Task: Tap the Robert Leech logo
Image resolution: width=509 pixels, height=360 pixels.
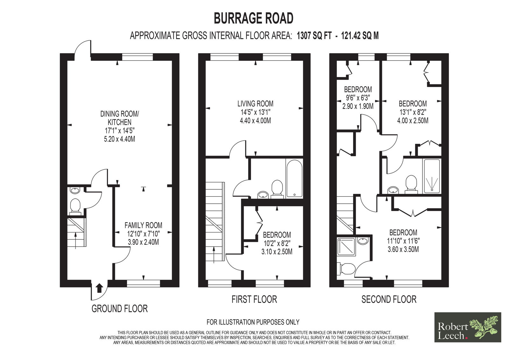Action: click(x=468, y=327)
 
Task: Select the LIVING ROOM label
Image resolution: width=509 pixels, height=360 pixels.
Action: click(x=255, y=104)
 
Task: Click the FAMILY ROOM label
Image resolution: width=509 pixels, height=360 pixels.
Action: click(x=143, y=225)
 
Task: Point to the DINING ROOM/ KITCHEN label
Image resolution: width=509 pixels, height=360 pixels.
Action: click(x=120, y=118)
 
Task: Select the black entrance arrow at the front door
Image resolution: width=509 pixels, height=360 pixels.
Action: click(x=99, y=289)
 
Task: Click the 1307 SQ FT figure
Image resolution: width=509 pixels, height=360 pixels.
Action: click(x=314, y=36)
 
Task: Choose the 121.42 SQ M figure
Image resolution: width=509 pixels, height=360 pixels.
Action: click(x=360, y=36)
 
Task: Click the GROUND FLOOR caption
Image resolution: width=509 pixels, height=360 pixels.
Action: click(x=120, y=309)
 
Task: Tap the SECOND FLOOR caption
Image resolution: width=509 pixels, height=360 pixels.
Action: click(x=389, y=299)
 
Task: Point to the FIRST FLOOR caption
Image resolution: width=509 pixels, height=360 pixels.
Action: click(x=254, y=299)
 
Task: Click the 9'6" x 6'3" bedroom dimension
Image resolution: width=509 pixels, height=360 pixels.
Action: click(x=358, y=98)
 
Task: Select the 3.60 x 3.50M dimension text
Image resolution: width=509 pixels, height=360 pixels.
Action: click(x=403, y=249)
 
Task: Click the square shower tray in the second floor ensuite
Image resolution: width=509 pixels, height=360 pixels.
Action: click(x=346, y=247)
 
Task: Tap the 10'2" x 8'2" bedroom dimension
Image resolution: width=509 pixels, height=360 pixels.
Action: click(x=277, y=243)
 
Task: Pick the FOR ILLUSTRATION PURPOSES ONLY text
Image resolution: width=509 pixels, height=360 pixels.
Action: click(x=253, y=322)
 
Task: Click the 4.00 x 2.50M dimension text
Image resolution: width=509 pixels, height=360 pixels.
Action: click(x=413, y=120)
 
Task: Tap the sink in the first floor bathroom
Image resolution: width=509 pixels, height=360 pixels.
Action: click(x=263, y=194)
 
